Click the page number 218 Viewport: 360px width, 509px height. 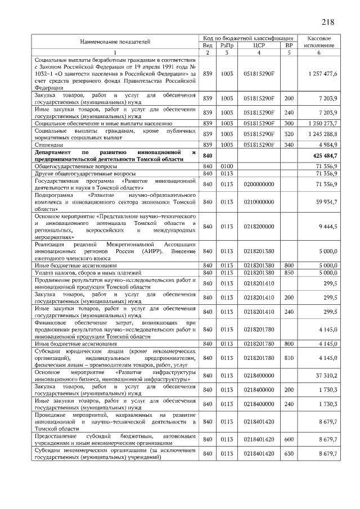(328, 22)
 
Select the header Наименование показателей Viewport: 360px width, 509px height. (115, 42)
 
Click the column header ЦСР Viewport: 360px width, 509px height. (259, 45)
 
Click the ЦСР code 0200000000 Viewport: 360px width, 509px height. (259, 184)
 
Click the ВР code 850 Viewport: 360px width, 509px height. (289, 272)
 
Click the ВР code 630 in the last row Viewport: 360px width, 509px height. (289, 453)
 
